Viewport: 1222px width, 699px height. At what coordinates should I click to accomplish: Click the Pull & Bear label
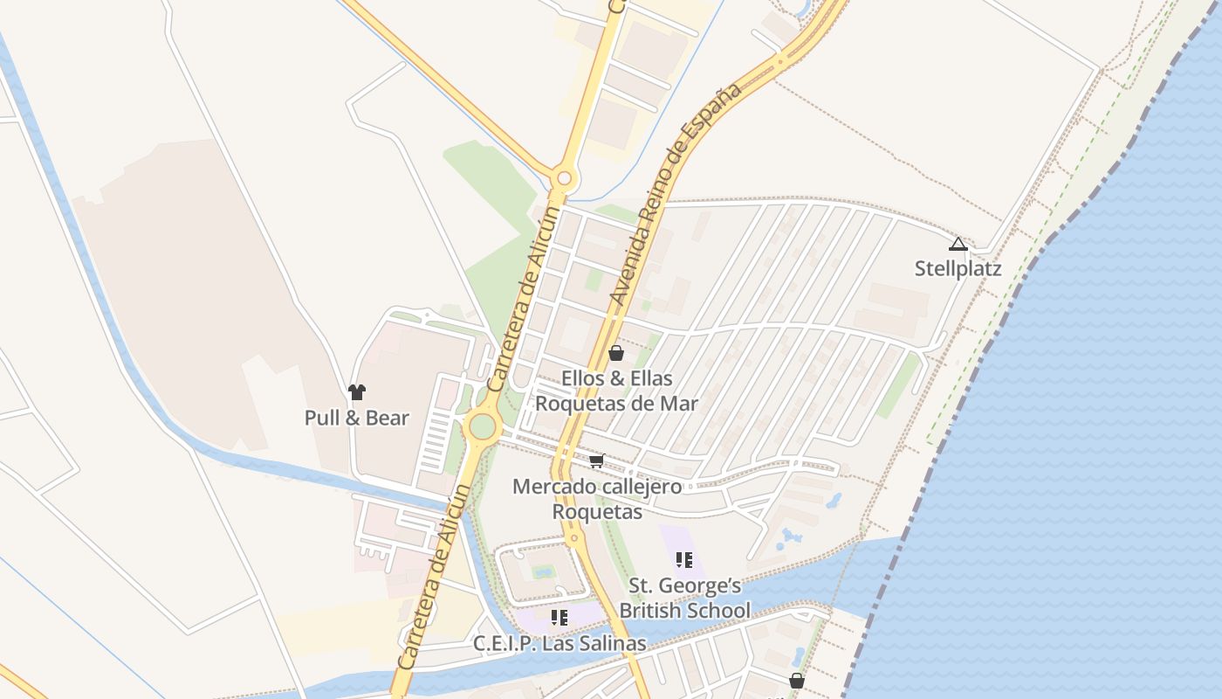[x=356, y=418]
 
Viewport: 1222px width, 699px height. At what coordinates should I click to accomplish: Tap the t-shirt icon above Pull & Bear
[x=356, y=392]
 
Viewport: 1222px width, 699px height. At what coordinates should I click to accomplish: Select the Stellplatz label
[x=958, y=268]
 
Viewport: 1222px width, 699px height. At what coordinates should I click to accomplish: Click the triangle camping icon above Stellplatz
[x=958, y=244]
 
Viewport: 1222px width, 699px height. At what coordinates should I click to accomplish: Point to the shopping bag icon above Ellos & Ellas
[x=616, y=353]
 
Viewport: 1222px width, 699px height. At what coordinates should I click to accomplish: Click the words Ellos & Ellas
[x=616, y=378]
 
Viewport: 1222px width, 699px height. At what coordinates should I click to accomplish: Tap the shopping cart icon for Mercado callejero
[x=597, y=460]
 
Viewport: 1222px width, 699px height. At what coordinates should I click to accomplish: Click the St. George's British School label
[x=684, y=598]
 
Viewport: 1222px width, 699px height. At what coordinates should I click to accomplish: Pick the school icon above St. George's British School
[x=684, y=559]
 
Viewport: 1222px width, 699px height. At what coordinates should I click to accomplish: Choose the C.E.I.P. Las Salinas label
[x=560, y=644]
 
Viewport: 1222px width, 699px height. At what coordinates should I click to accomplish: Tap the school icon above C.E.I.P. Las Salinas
[x=560, y=618]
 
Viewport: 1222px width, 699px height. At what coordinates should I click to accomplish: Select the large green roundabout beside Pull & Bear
[x=482, y=427]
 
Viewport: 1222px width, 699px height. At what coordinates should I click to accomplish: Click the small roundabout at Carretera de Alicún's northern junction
[x=564, y=179]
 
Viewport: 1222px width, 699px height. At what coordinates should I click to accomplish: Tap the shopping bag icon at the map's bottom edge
[x=797, y=681]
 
